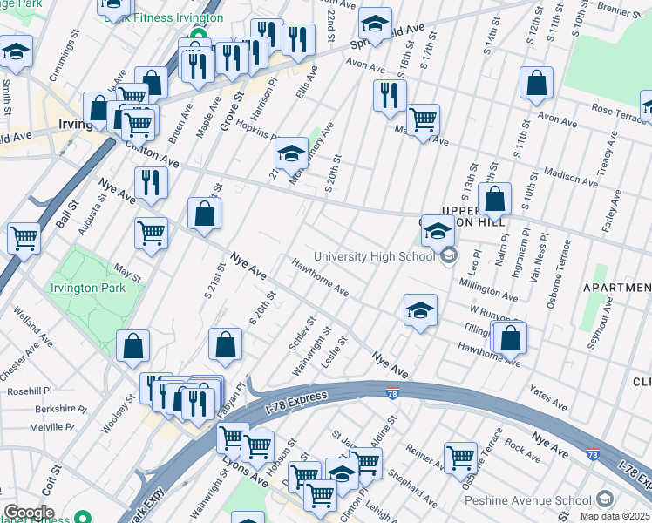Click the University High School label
tap(375, 256)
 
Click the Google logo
tap(29, 513)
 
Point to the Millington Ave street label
tap(488, 288)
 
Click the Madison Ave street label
tap(569, 177)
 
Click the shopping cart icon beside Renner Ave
tap(460, 456)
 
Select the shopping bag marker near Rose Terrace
tap(537, 83)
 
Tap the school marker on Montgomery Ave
tap(291, 154)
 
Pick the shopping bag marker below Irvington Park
tap(132, 345)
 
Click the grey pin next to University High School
tap(448, 255)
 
